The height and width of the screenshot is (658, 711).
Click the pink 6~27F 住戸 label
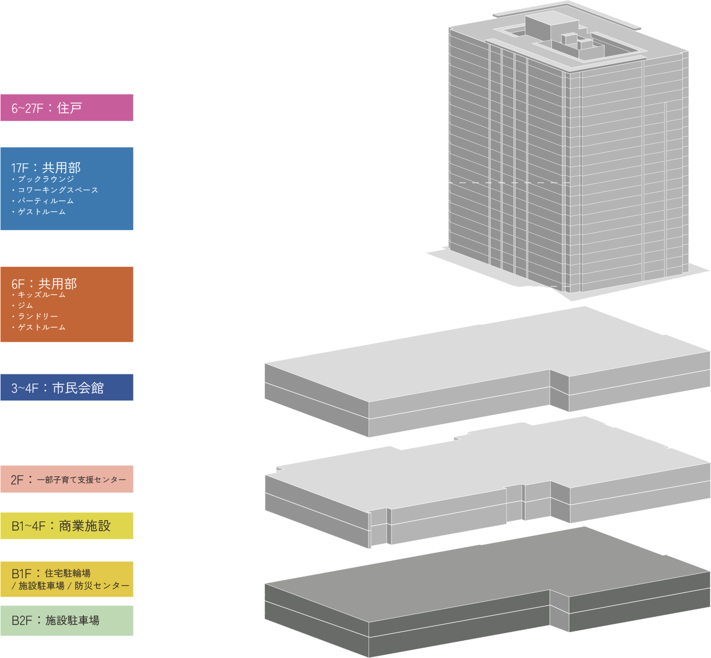coord(67,108)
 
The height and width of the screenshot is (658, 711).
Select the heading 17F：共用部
coord(46,168)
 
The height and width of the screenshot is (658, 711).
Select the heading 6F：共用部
coord(44,284)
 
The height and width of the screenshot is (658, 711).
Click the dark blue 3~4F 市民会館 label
coord(67,387)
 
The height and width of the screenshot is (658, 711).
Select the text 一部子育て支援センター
coord(81,480)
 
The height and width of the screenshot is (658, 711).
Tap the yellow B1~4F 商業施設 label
coord(67,526)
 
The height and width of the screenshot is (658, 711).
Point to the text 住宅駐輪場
coord(67,573)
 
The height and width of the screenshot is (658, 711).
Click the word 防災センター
coord(102,586)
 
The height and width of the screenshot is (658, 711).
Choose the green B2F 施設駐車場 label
coord(67,621)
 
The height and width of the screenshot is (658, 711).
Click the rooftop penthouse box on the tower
coord(551,26)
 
